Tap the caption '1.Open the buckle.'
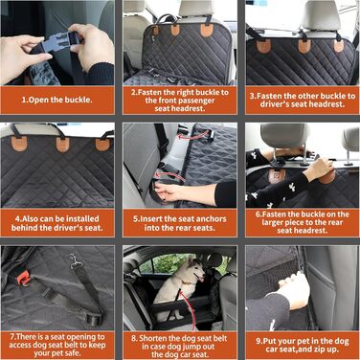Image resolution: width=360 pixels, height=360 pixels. click(56, 100)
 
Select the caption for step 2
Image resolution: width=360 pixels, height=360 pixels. click(180, 101)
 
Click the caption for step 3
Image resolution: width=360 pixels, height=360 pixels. click(303, 100)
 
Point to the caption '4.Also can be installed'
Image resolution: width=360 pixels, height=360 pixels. click(57, 219)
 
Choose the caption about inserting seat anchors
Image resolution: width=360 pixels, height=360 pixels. click(180, 223)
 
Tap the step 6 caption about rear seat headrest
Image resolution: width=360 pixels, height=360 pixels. click(303, 222)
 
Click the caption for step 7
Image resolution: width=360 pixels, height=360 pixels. click(57, 345)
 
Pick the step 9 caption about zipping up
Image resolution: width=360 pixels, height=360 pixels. click(303, 345)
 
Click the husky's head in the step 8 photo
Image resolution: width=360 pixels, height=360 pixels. click(195, 270)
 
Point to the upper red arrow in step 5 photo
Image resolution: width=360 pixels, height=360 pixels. click(192, 135)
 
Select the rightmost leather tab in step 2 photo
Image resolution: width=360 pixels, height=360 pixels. click(207, 31)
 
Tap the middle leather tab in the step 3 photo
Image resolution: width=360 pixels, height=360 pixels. click(304, 46)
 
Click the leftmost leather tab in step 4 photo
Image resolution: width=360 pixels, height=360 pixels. click(19, 144)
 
